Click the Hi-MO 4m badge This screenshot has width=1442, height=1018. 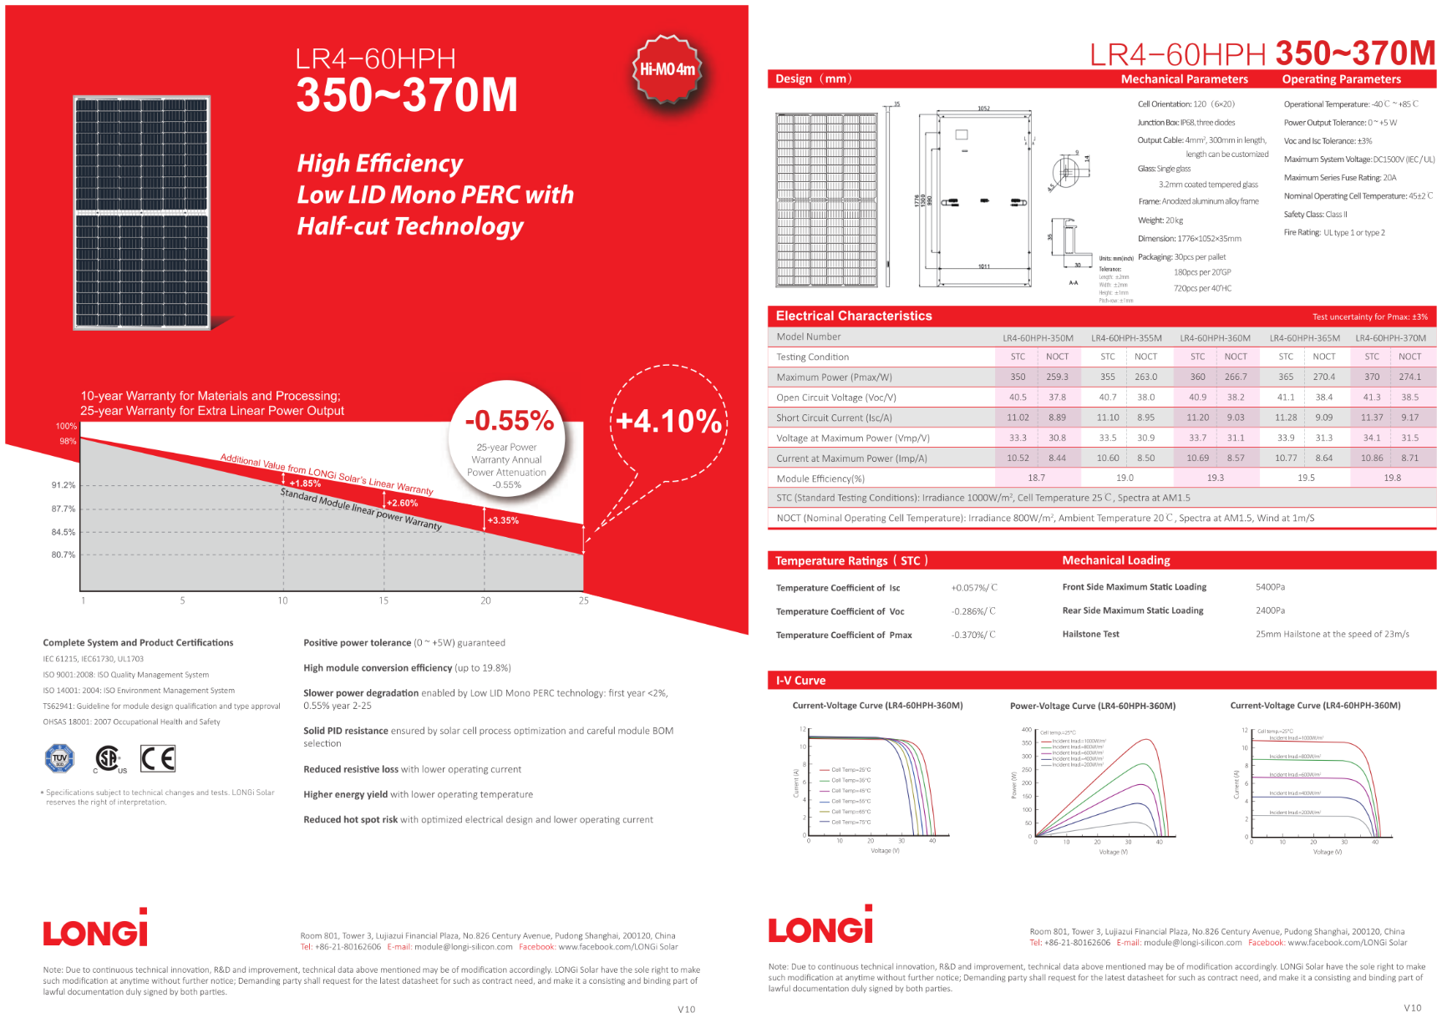pos(667,69)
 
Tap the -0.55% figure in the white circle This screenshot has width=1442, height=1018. pos(509,421)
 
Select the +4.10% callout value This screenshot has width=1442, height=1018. pos(668,421)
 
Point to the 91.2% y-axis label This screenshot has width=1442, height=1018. pos(63,485)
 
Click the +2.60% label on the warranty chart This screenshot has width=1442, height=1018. pos(403,504)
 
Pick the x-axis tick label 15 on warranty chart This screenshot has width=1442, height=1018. pos(383,600)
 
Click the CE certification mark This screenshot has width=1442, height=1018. pos(158,758)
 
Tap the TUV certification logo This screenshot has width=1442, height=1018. pos(59,758)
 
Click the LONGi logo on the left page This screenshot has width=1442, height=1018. pos(95,929)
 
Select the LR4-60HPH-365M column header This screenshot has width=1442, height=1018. pos(1304,338)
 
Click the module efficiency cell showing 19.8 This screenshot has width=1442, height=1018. pos(1392,479)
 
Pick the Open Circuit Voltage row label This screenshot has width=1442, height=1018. pos(835,398)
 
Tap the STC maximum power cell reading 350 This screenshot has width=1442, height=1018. pos(1018,377)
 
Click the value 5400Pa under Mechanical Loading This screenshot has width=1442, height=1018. pos(1270,587)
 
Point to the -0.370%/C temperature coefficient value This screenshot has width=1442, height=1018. pos(973,635)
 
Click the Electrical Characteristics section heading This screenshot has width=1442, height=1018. pos(853,316)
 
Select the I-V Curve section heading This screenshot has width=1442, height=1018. pos(800,681)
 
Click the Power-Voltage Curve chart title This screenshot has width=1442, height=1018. pos(1092,706)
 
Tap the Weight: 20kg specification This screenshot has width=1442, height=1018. pos(1160,220)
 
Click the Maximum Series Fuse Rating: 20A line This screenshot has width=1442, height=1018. pos(1339,178)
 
